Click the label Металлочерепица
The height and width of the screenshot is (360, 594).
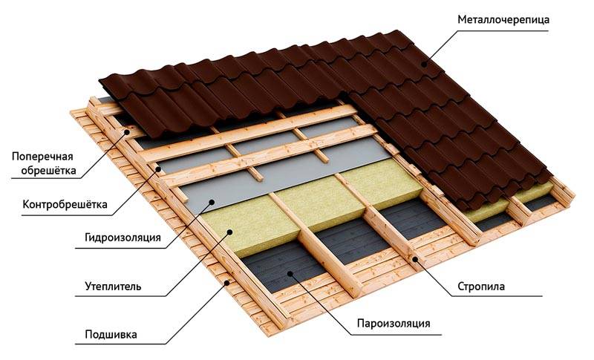503,20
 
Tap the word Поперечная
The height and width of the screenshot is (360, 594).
42,157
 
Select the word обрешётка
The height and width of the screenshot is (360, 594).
48,171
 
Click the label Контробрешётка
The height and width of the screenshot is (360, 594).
65,205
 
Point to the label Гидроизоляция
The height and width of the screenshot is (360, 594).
123,238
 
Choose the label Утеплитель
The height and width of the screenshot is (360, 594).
114,286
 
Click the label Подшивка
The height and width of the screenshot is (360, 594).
111,335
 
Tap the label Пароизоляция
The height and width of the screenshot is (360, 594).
394,324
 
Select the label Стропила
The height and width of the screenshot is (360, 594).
481,287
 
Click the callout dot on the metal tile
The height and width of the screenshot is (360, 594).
425,65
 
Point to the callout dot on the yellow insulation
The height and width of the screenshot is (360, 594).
229,232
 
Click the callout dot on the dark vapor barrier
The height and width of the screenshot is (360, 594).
290,272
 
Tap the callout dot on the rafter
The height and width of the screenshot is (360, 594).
415,259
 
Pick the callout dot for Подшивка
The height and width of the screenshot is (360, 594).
227,282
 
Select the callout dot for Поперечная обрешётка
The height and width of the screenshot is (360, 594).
128,132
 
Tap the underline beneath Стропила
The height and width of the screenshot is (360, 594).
496,296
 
